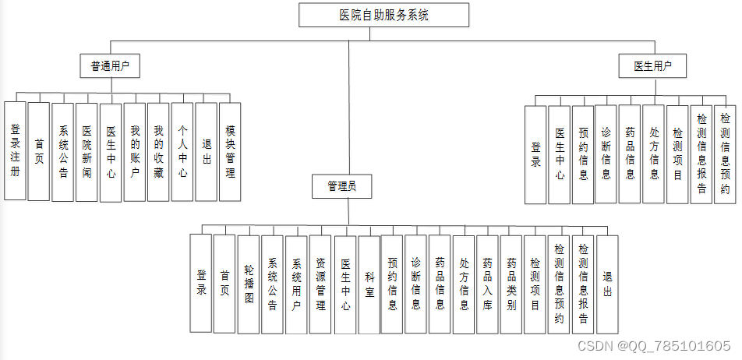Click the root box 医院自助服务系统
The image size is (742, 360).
pos(384,15)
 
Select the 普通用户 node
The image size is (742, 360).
pos(110,67)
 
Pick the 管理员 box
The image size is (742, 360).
pos(341,186)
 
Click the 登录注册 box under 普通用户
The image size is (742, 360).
pos(15,151)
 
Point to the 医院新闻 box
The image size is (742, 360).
pos(87,151)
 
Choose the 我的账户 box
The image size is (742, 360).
pos(134,151)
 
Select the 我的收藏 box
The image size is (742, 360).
pos(158,151)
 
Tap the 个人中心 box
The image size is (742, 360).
pos(182,151)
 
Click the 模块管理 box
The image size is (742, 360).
pos(230,151)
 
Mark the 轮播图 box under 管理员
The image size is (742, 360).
pos(249,284)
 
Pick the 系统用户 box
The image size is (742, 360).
pos(296,284)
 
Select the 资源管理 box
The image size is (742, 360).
pos(320,284)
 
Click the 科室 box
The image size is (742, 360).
pos(369,284)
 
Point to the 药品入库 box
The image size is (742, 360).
pos(487,284)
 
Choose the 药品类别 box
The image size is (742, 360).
pos(511,284)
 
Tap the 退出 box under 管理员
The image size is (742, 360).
pos(607,284)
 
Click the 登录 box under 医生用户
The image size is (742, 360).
pos(535,154)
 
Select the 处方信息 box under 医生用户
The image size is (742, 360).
pos(654,154)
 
